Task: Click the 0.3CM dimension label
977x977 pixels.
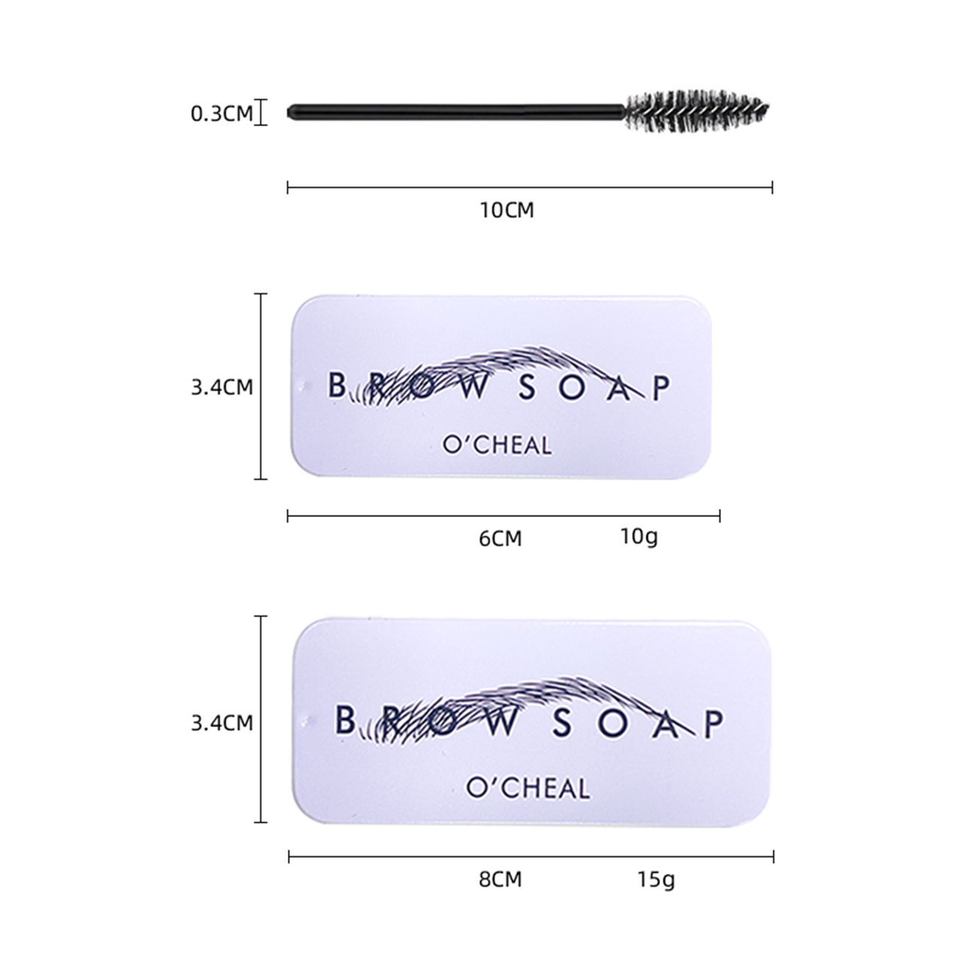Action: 222,113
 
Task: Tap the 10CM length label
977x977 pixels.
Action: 507,210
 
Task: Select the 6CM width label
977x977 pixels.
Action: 500,538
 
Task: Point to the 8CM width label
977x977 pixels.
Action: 500,879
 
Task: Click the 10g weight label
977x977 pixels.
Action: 640,537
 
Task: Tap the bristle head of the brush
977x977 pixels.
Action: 697,111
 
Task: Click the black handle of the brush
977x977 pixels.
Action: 456,112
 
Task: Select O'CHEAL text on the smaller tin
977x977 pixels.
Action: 497,445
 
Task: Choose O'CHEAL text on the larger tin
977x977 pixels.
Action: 528,788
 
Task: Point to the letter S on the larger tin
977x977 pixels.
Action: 563,722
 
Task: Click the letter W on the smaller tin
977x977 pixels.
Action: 474,387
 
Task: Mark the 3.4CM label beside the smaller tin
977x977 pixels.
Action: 222,387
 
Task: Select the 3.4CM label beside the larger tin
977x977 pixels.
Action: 222,723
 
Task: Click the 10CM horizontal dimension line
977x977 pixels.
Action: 530,187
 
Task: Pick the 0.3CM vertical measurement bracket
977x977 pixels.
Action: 261,112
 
